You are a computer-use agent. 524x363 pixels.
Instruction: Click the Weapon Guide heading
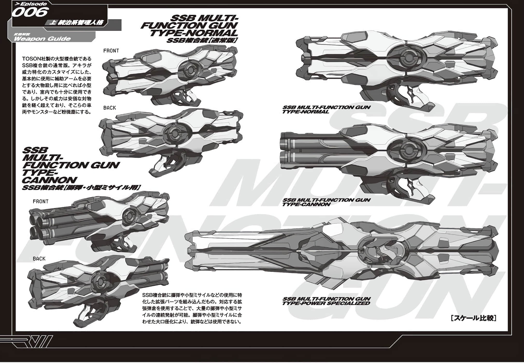click(x=42, y=39)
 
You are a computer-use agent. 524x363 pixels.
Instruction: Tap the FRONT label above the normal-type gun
click(x=111, y=51)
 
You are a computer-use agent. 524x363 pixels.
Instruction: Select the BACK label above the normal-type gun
click(x=109, y=108)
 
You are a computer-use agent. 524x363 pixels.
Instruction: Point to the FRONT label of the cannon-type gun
click(x=40, y=201)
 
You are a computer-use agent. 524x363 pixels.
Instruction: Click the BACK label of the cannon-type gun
click(x=39, y=259)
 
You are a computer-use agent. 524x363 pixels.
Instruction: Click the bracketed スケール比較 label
click(x=473, y=318)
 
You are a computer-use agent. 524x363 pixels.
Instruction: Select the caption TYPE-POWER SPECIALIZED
click(x=326, y=303)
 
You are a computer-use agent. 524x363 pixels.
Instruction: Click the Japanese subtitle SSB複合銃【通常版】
click(x=202, y=40)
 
